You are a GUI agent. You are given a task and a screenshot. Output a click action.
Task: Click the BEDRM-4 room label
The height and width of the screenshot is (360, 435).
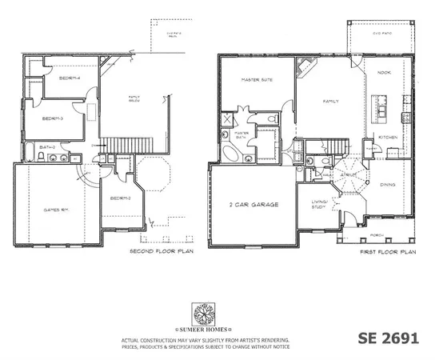[x=70, y=78]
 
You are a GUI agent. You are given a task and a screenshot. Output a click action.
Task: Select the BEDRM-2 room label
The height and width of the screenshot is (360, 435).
[x=121, y=198]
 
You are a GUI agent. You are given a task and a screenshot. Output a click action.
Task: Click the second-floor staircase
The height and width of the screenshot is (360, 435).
[x=118, y=143]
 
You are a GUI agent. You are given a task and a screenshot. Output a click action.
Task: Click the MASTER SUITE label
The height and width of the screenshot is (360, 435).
[x=257, y=81]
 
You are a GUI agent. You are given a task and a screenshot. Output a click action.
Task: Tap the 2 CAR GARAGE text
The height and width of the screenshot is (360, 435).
[x=252, y=206]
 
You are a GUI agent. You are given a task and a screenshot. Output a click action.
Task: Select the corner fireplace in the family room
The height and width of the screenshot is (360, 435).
[x=303, y=66]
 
